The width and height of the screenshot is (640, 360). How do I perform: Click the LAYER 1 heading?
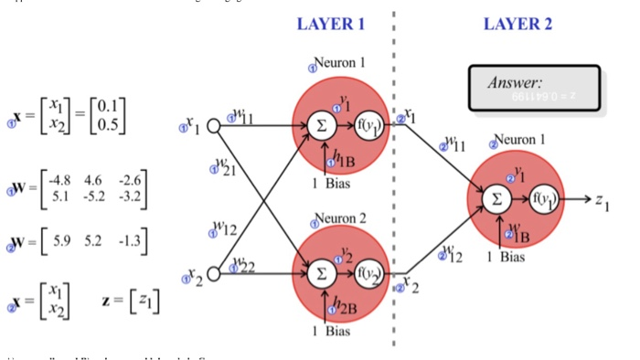pyautogui.click(x=331, y=25)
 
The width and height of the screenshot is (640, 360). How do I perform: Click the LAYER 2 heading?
pyautogui.click(x=517, y=25)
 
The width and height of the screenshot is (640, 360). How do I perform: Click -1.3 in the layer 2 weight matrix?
pyautogui.click(x=130, y=244)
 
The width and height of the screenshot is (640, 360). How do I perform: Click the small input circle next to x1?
pyautogui.click(x=214, y=126)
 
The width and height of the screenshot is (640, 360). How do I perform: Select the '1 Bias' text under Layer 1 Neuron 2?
pyautogui.click(x=332, y=331)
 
